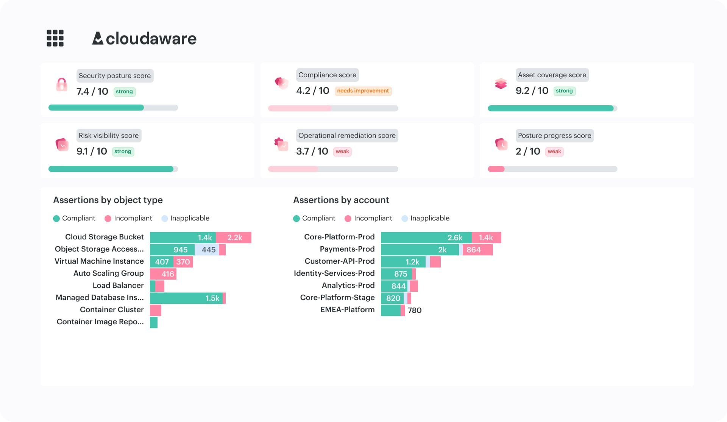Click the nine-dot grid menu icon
(x=55, y=38)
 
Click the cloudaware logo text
(x=151, y=39)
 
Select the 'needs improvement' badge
(x=363, y=91)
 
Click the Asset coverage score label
(x=552, y=75)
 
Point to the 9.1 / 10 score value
(x=92, y=152)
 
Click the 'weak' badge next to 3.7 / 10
(x=342, y=152)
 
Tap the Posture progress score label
(x=554, y=136)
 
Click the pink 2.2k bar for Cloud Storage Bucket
(x=234, y=238)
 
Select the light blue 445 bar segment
(x=207, y=250)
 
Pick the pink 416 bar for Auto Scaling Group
(x=163, y=274)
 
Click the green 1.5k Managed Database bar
(x=186, y=298)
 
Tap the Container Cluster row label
(x=112, y=309)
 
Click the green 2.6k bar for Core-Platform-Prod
(x=426, y=238)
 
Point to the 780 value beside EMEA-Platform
(x=415, y=310)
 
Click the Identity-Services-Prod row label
(x=334, y=273)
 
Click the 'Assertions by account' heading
(x=341, y=200)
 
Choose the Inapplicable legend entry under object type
(x=185, y=218)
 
